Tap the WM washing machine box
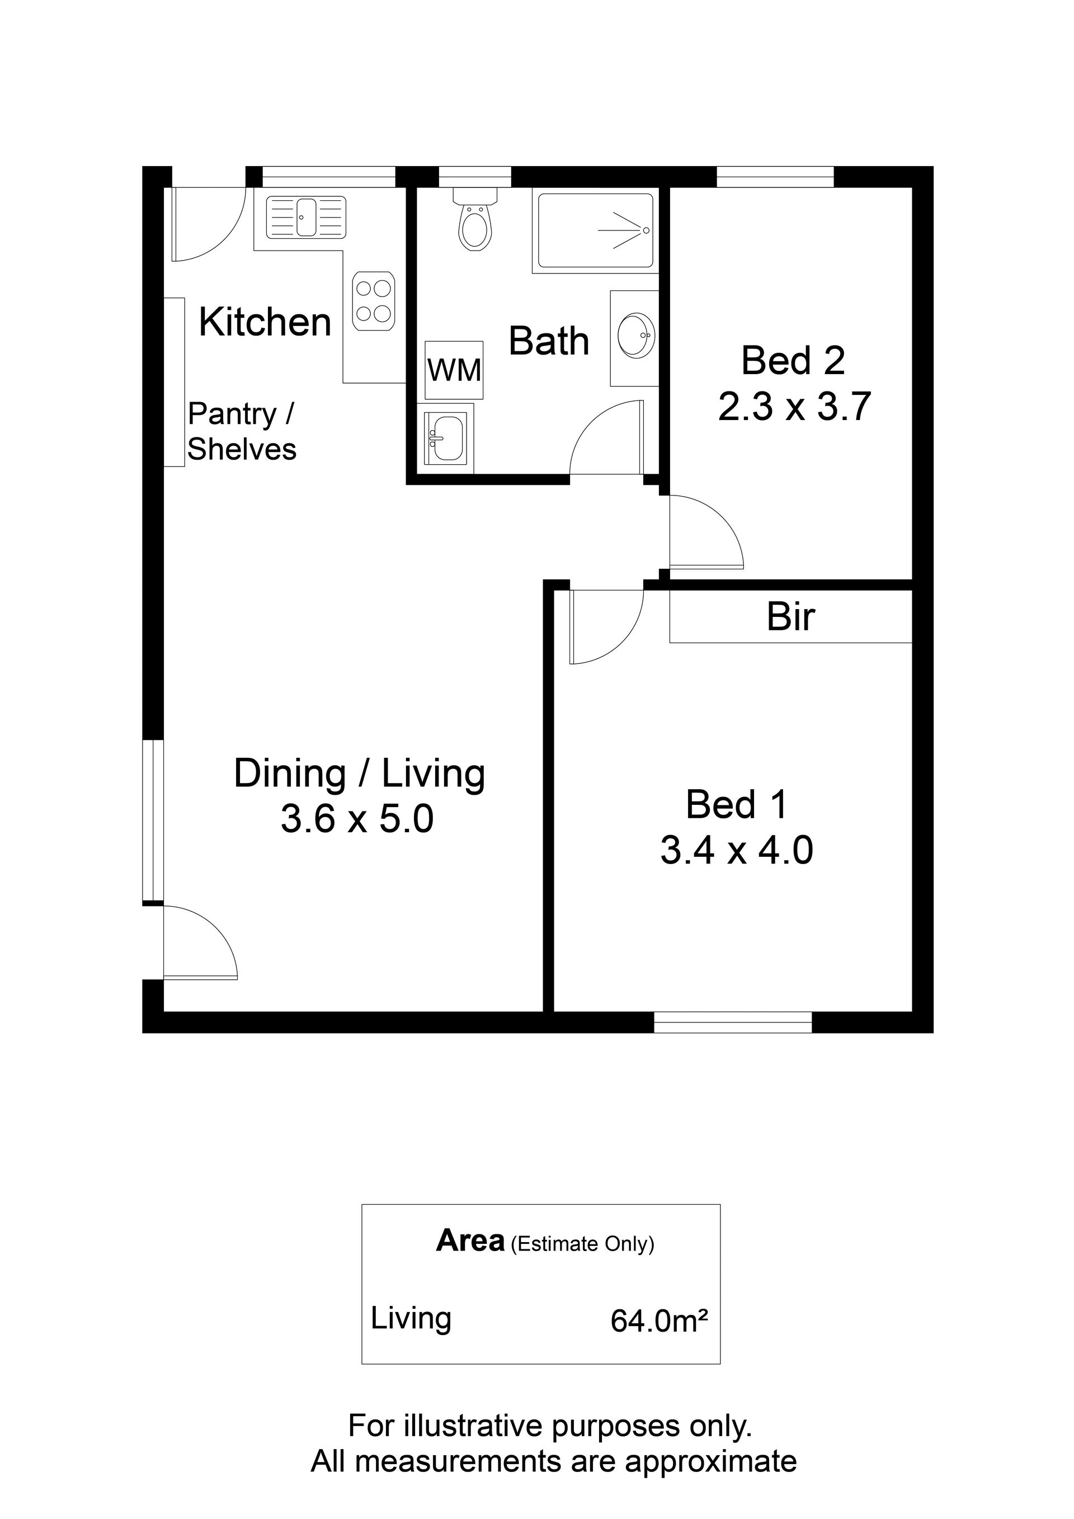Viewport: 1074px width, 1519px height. pyautogui.click(x=454, y=370)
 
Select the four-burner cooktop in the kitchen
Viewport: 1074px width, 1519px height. pyautogui.click(x=373, y=301)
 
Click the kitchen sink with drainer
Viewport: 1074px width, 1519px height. pyautogui.click(x=306, y=217)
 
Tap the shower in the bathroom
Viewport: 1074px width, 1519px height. pyautogui.click(x=596, y=231)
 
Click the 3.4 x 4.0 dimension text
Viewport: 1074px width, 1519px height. pyautogui.click(x=737, y=850)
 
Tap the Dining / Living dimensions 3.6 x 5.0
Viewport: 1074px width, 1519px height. pyautogui.click(x=357, y=819)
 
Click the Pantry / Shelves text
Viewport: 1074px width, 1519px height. pyautogui.click(x=242, y=431)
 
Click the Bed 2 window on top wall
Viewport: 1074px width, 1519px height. pyautogui.click(x=775, y=177)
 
